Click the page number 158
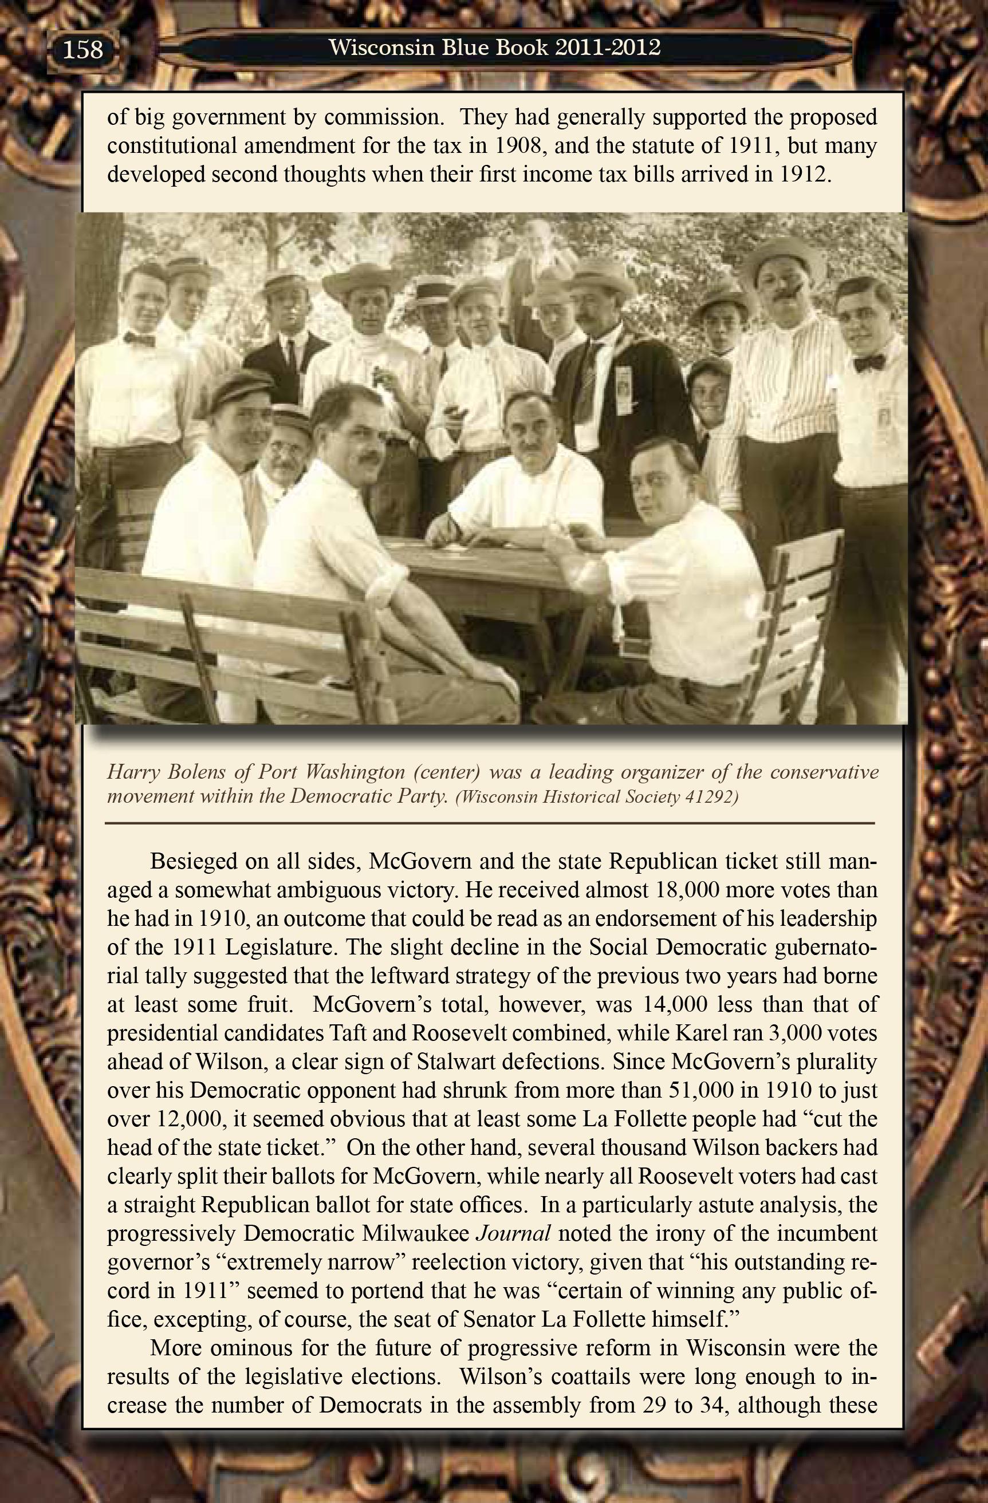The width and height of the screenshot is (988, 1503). pyautogui.click(x=82, y=49)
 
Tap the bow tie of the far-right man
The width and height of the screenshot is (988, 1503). pyautogui.click(x=869, y=363)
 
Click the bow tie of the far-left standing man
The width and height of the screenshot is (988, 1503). pyautogui.click(x=139, y=339)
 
